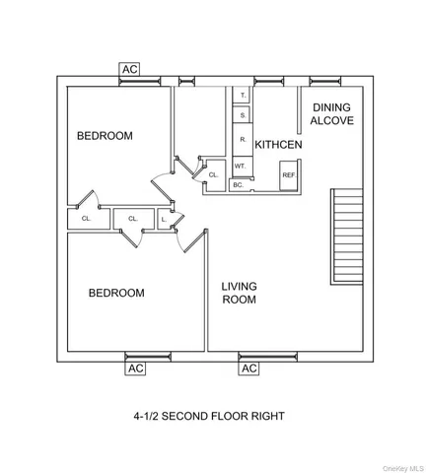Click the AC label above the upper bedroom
click(x=129, y=69)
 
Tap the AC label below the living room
click(x=248, y=368)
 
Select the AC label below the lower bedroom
click(x=136, y=368)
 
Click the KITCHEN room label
click(x=278, y=145)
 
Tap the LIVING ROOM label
click(x=239, y=293)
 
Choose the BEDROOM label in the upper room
click(x=105, y=136)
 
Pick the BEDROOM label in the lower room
click(x=116, y=293)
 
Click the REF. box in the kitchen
click(x=289, y=175)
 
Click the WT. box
click(x=240, y=167)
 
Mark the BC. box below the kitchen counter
click(x=238, y=184)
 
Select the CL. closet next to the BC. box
click(x=213, y=174)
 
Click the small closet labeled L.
click(x=163, y=219)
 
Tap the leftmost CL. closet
click(x=86, y=219)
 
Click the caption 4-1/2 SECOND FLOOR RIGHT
click(x=209, y=416)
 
